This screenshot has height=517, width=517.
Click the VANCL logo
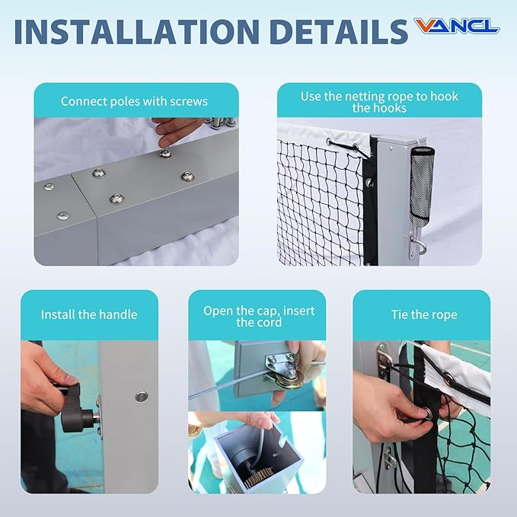pyautogui.click(x=457, y=26)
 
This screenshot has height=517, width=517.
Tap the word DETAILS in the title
pyautogui.click(x=339, y=32)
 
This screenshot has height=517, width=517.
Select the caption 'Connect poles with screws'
pyautogui.click(x=134, y=101)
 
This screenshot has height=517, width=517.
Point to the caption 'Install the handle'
pyautogui.click(x=89, y=314)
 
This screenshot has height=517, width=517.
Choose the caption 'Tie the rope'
pyautogui.click(x=424, y=314)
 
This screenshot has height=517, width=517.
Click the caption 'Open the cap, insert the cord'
pyautogui.click(x=259, y=317)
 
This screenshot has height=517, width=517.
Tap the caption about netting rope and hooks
pyautogui.click(x=379, y=102)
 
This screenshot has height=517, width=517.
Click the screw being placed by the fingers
pyautogui.click(x=165, y=153)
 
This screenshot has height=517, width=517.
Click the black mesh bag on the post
pyautogui.click(x=421, y=187)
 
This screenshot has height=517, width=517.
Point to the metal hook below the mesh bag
pyautogui.click(x=417, y=244)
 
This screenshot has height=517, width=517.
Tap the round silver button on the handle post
pyautogui.click(x=141, y=397)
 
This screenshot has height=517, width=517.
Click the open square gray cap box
pyautogui.click(x=258, y=458)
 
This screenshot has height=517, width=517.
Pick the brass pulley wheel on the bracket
pyautogui.click(x=288, y=381)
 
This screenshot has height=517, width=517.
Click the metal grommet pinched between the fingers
pyautogui.click(x=428, y=413)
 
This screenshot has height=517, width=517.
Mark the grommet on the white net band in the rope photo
pyautogui.click(x=448, y=377)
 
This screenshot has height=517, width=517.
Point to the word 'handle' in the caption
pyautogui.click(x=118, y=314)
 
